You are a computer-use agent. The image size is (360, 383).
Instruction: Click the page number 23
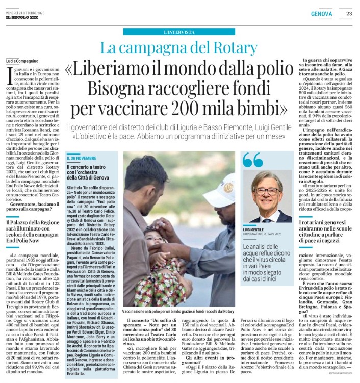[x=349, y=13]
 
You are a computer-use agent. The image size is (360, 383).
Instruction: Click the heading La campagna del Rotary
[x=178, y=48]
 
